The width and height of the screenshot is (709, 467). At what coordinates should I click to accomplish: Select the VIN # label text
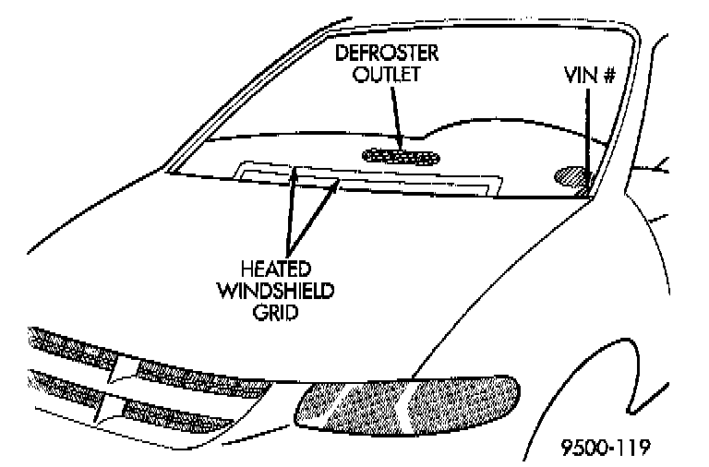point(589,74)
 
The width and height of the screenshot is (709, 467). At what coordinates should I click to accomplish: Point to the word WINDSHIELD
point(287,292)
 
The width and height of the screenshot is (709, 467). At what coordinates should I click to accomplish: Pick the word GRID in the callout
point(287,313)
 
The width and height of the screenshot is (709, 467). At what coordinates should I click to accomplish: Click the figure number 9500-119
point(606,448)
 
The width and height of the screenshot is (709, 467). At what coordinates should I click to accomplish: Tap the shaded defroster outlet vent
point(400,156)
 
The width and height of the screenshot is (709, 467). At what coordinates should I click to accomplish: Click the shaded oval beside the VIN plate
point(569,174)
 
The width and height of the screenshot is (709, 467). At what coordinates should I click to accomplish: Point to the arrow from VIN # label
point(588,138)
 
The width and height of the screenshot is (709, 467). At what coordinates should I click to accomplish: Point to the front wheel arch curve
point(646,277)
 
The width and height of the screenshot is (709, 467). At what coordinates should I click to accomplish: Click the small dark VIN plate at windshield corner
point(583,191)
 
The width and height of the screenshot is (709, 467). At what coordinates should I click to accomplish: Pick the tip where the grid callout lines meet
point(288,255)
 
